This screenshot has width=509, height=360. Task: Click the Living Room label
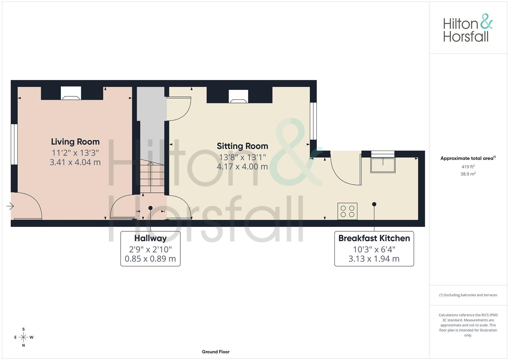pyautogui.click(x=75, y=142)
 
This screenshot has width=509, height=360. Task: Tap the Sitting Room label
pyautogui.click(x=242, y=146)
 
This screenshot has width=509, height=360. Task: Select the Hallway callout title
pyautogui.click(x=150, y=238)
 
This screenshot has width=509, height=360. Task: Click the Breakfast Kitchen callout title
pyautogui.click(x=374, y=238)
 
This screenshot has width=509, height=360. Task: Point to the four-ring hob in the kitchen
pyautogui.click(x=347, y=211)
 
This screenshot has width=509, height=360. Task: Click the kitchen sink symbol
pyautogui.click(x=383, y=165)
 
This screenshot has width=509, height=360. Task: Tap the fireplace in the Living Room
pyautogui.click(x=71, y=94)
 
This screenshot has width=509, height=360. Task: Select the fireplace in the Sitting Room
pyautogui.click(x=238, y=97)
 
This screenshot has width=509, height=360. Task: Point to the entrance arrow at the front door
pyautogui.click(x=10, y=206)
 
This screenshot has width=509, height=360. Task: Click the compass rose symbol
pyautogui.click(x=23, y=337)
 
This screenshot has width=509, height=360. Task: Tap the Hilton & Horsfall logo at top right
pyautogui.click(x=468, y=28)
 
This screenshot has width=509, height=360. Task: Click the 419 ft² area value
pyautogui.click(x=468, y=167)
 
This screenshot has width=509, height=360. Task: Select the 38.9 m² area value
pyautogui.click(x=468, y=174)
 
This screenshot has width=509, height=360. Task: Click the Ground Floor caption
pyautogui.click(x=216, y=352)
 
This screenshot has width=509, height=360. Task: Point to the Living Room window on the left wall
pyautogui.click(x=14, y=144)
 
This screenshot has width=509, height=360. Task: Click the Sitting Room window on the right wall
pyautogui.click(x=313, y=121)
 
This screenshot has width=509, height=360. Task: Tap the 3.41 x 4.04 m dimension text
pyautogui.click(x=75, y=162)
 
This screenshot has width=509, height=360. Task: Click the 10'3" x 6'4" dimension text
pyautogui.click(x=374, y=249)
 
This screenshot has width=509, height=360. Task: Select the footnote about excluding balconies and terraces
pyautogui.click(x=468, y=295)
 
